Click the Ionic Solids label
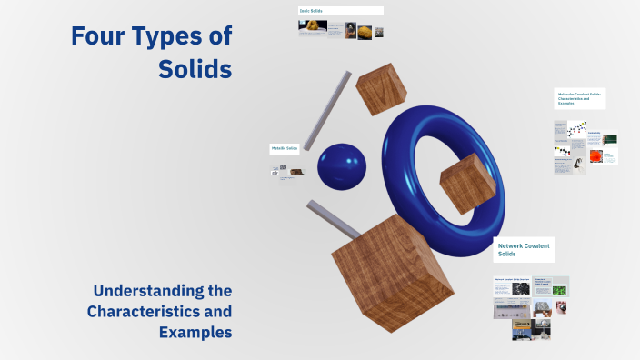[311, 11]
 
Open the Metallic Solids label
[284, 148]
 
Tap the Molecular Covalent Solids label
[579, 98]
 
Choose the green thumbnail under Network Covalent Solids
[561, 290]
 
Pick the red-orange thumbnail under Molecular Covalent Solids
[595, 155]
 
